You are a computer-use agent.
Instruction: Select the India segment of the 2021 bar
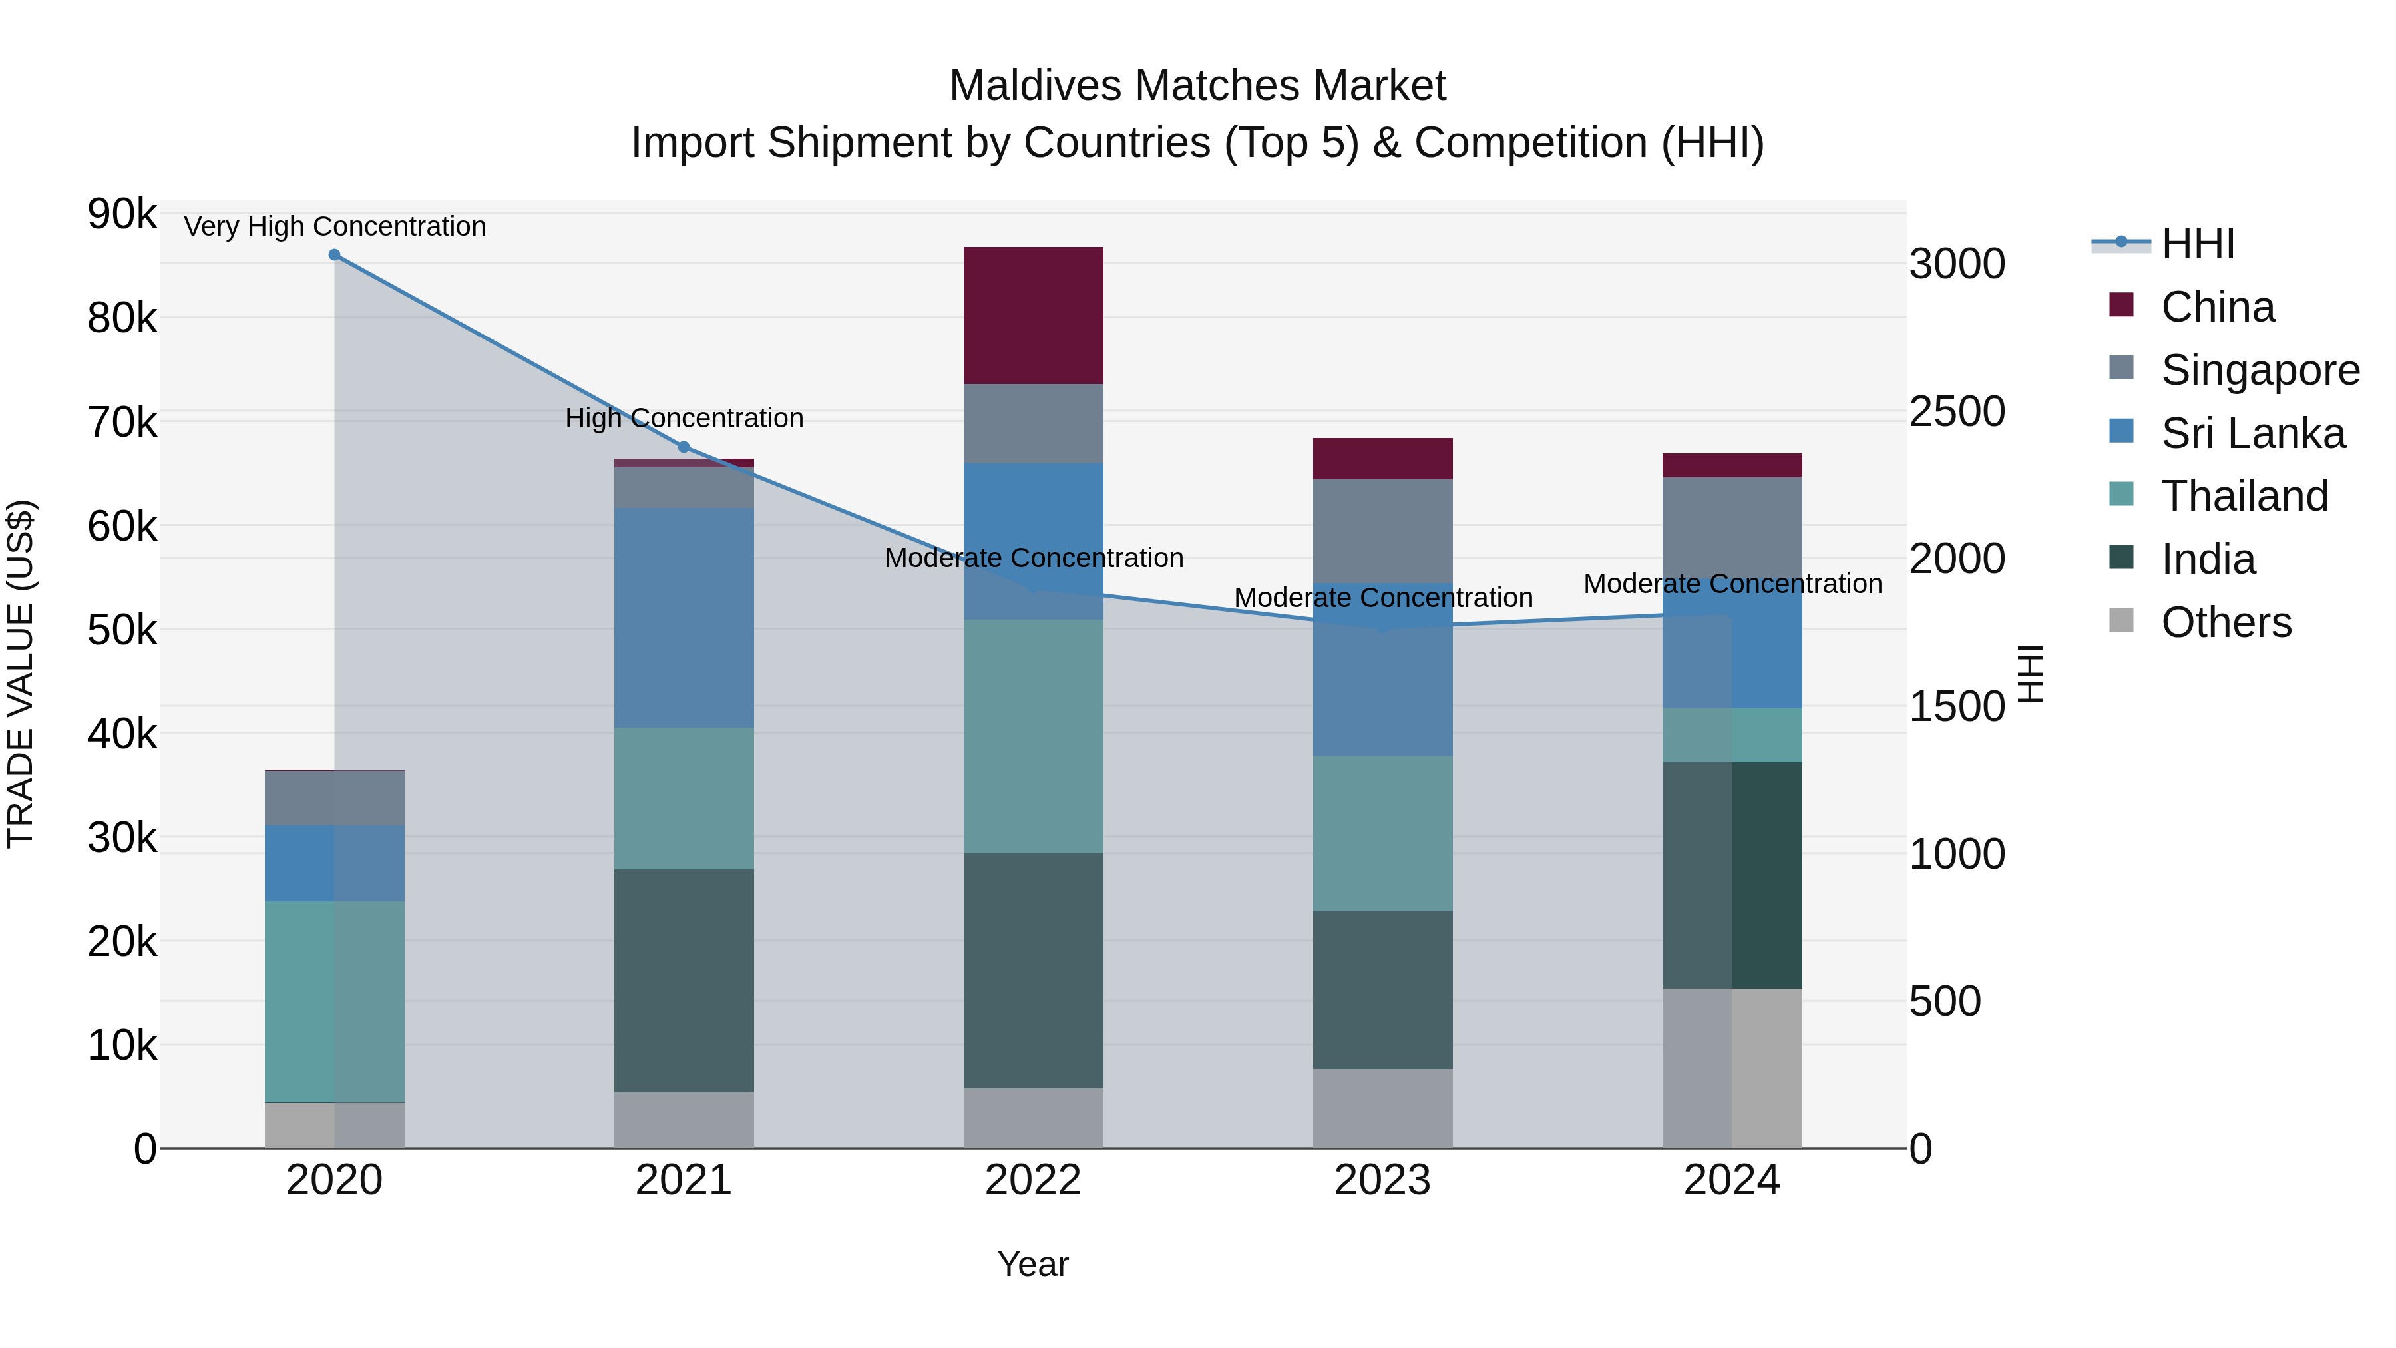tap(684, 981)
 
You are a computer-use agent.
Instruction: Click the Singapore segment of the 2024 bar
tap(1732, 531)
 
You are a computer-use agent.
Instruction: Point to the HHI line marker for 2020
tap(334, 255)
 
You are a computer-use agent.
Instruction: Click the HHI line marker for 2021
tap(684, 447)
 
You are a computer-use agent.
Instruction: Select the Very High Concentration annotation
tap(334, 227)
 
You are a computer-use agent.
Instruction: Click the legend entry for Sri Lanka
tap(2252, 433)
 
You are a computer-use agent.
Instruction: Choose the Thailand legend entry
tap(2244, 496)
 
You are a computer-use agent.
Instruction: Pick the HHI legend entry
tap(2197, 244)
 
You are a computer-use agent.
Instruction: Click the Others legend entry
tap(2225, 622)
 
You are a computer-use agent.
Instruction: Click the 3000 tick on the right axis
tap(1956, 264)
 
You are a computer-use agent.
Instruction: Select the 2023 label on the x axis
tap(1382, 1180)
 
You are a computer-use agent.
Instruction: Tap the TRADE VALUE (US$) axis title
tap(21, 674)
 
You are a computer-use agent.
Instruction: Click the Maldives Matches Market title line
tap(1197, 86)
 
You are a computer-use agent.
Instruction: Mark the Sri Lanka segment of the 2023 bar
tap(1382, 670)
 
